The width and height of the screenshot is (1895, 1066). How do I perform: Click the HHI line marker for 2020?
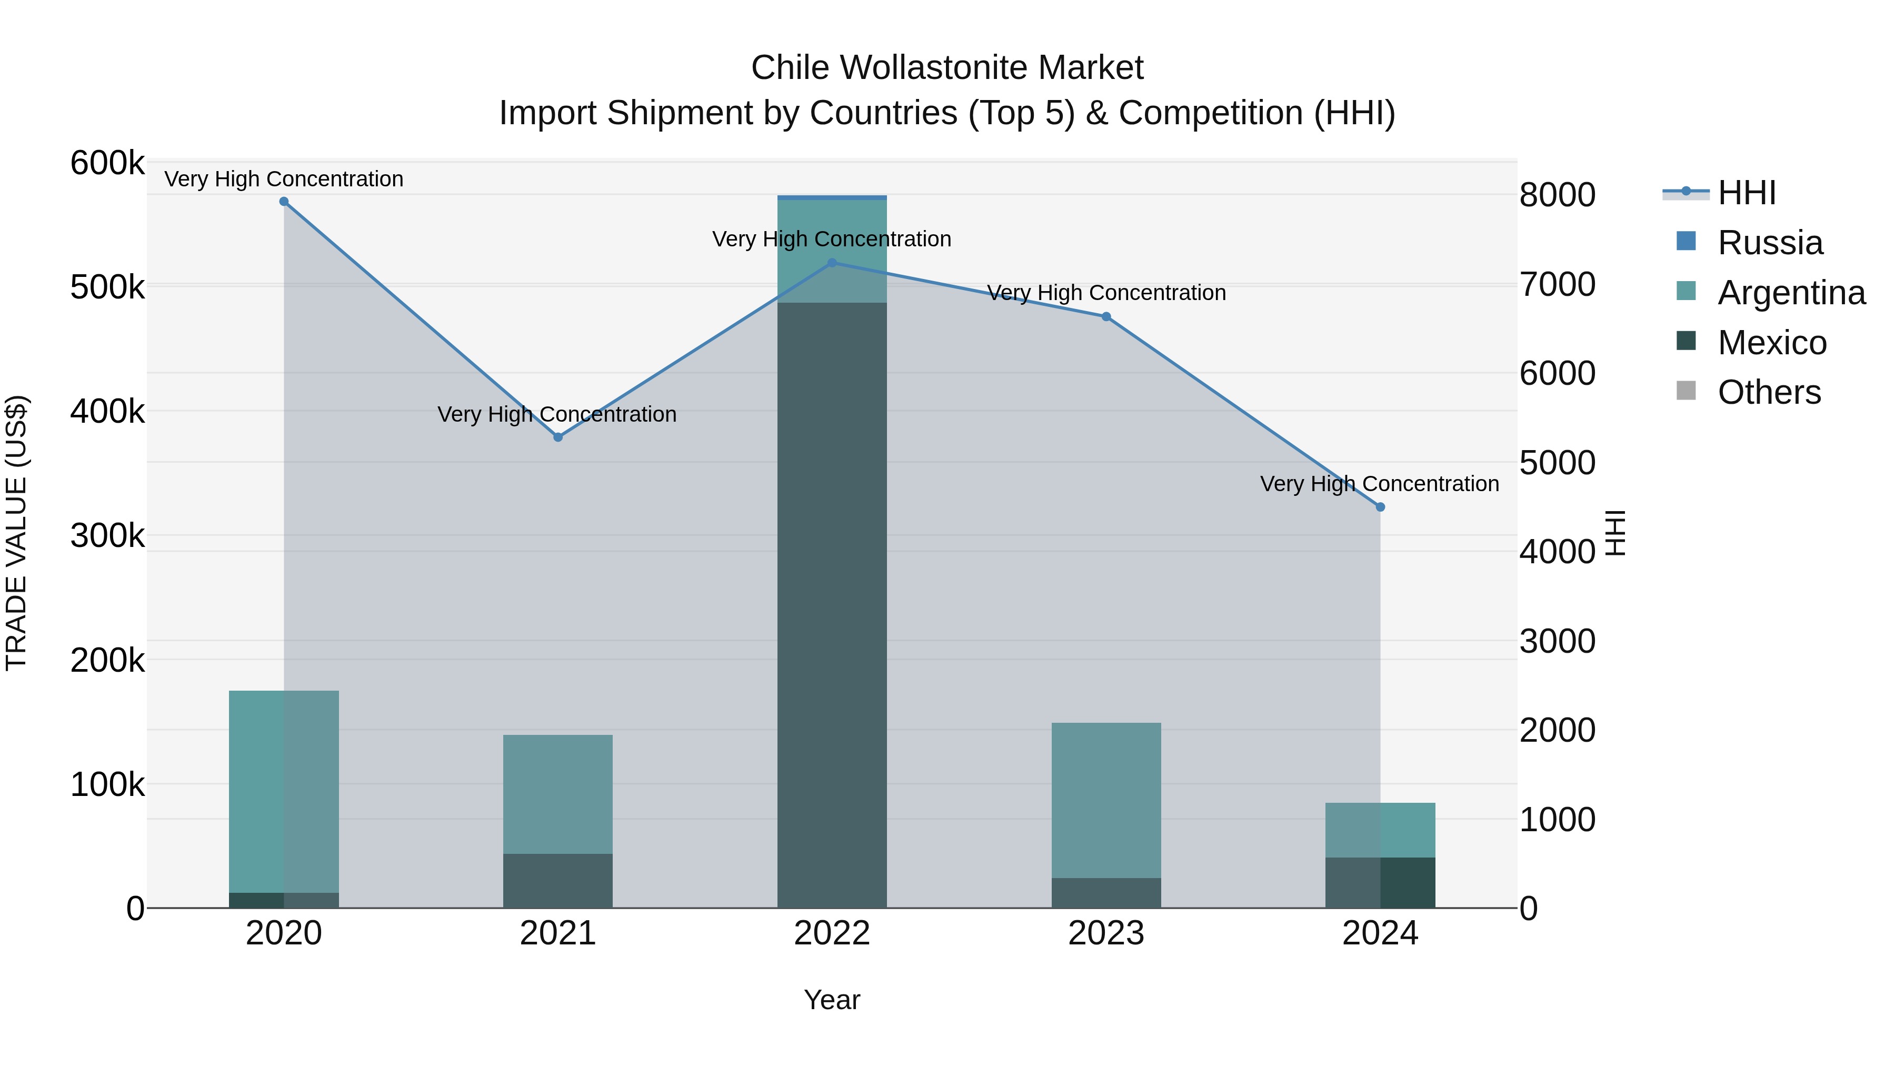(x=284, y=202)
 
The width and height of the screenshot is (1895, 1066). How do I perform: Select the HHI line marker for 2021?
(x=557, y=437)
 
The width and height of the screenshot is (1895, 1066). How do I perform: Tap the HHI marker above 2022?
(x=832, y=263)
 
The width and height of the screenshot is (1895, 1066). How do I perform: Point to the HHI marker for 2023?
(x=1105, y=317)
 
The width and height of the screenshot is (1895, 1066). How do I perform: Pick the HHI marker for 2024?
(x=1380, y=507)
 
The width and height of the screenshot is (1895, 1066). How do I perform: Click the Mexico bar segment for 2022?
(x=832, y=603)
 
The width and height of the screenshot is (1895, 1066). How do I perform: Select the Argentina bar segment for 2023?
(x=1105, y=800)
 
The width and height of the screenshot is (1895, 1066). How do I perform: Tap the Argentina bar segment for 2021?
(x=557, y=794)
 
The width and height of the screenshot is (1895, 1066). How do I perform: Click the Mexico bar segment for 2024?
(x=1380, y=882)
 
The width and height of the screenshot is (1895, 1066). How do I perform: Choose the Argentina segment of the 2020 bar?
(x=284, y=791)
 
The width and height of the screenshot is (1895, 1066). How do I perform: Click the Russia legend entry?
(x=1770, y=243)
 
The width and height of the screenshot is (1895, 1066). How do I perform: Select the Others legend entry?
(x=1769, y=392)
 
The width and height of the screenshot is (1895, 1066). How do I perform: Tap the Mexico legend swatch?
(x=1686, y=341)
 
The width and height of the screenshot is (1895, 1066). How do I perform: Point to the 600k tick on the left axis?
(x=107, y=163)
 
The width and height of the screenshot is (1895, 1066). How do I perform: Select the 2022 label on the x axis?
(x=832, y=933)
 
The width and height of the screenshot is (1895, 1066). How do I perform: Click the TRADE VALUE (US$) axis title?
(x=17, y=533)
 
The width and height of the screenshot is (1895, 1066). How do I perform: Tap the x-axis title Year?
(x=832, y=1000)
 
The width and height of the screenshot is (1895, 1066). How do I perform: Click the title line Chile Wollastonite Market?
(x=947, y=68)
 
